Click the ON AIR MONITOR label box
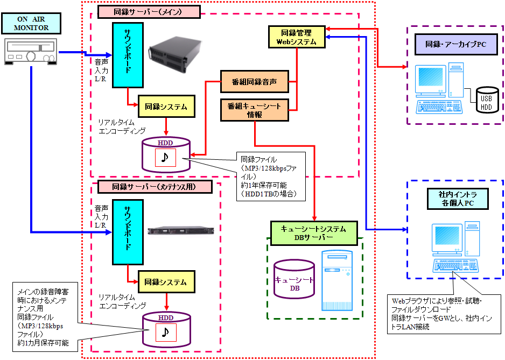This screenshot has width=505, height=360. (31, 23)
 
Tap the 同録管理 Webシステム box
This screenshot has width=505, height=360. (297, 36)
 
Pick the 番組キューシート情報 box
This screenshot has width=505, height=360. (254, 110)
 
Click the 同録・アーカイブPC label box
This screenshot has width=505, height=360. (452, 45)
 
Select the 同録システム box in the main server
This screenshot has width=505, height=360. (166, 107)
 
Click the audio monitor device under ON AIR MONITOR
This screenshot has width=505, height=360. (31, 52)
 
